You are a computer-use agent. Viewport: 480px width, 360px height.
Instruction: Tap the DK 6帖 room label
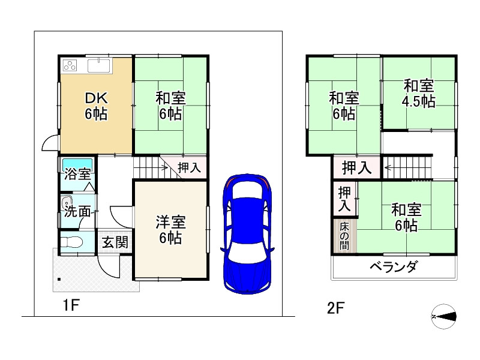(95, 106)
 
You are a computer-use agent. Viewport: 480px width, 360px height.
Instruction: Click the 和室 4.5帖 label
(418, 93)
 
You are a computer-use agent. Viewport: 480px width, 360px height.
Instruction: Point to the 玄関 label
(114, 243)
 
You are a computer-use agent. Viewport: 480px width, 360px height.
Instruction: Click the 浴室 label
(77, 175)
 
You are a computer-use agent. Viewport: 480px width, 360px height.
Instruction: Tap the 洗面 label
(78, 211)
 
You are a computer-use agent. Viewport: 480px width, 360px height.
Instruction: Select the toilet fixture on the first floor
(71, 244)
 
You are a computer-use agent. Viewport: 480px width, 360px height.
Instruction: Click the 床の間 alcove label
(344, 235)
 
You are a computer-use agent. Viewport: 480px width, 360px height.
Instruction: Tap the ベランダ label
(394, 268)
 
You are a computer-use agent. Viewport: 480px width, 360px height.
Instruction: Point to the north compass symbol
(444, 316)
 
